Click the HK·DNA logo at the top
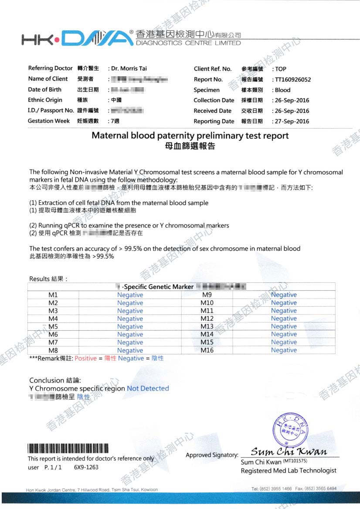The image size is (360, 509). click(x=77, y=39)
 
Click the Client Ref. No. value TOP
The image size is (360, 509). click(x=281, y=69)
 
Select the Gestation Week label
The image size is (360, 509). click(x=49, y=121)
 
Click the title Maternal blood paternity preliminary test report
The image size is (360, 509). click(x=190, y=136)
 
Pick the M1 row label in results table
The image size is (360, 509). click(x=53, y=295)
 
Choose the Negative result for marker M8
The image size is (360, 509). click(x=130, y=350)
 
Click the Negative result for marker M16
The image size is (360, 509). click(x=284, y=350)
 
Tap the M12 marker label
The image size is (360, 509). click(x=207, y=319)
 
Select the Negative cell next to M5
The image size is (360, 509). click(x=130, y=326)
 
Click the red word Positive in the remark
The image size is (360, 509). click(x=85, y=358)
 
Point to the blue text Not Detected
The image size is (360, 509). click(x=148, y=388)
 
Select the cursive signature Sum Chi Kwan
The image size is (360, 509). click(x=289, y=451)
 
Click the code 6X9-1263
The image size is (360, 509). click(x=86, y=467)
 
